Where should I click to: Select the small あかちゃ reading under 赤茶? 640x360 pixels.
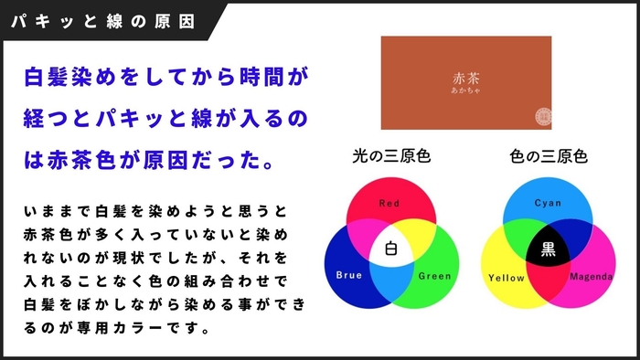pyautogui.click(x=466, y=92)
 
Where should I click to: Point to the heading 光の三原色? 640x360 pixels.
pyautogui.click(x=390, y=156)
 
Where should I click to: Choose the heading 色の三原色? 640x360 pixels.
pyautogui.click(x=548, y=156)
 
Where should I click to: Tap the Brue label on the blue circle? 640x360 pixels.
pyautogui.click(x=349, y=274)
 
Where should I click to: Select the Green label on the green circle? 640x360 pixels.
pyautogui.click(x=433, y=275)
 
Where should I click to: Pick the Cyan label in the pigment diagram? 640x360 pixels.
pyautogui.click(x=548, y=203)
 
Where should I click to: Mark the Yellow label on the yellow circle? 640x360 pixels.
pyautogui.click(x=507, y=277)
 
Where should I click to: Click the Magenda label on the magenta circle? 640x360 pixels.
pyautogui.click(x=592, y=277)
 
